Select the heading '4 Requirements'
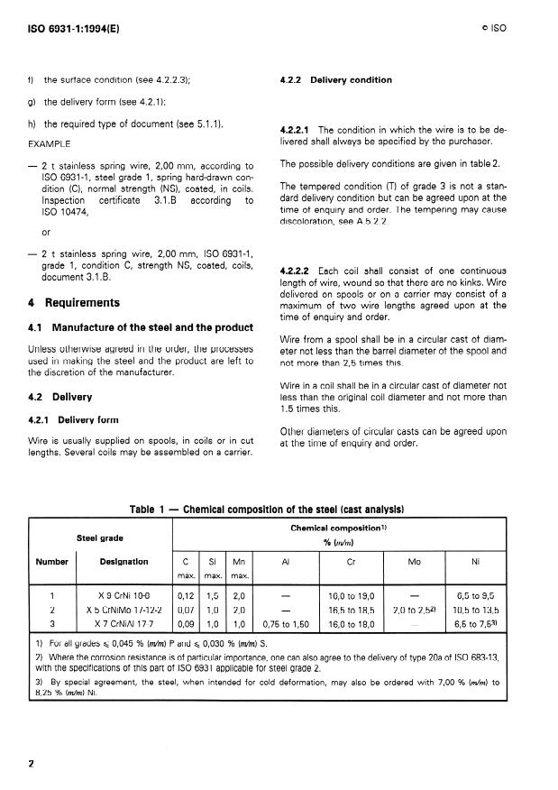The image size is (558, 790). point(69,303)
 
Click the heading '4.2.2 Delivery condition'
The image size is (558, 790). point(335,80)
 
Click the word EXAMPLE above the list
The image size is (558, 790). point(50,143)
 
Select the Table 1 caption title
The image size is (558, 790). point(267,510)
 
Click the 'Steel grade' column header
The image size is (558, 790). point(100,537)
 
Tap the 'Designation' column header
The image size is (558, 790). point(123,562)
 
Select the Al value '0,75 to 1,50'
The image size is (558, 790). point(286,622)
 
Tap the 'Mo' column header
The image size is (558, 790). point(415,562)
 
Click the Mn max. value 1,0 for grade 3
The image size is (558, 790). point(240,622)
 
